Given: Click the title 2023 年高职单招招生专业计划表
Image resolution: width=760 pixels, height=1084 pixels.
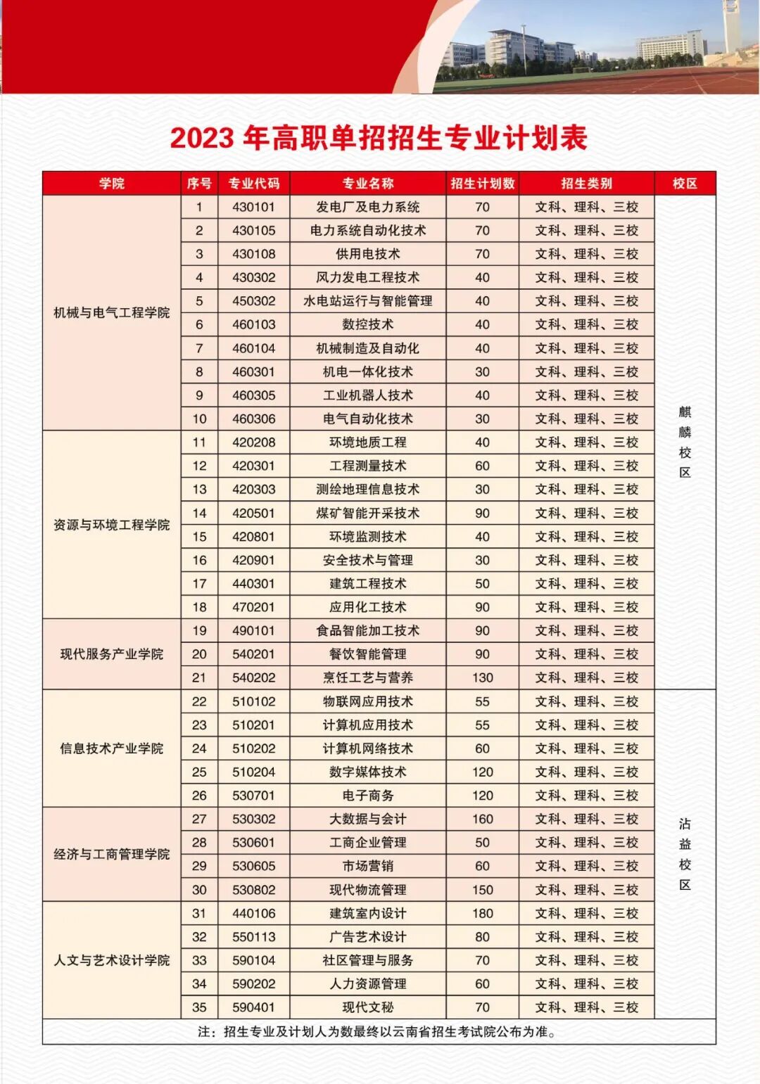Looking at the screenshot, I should pyautogui.click(x=379, y=138).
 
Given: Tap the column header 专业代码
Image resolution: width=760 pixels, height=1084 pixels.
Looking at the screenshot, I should pyautogui.click(x=253, y=184).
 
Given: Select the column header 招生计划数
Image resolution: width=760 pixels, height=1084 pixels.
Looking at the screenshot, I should pyautogui.click(x=483, y=184).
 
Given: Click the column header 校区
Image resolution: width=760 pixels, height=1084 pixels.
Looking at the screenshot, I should pyautogui.click(x=685, y=184).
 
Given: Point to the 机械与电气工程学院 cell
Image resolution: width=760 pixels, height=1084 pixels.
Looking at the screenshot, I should pyautogui.click(x=112, y=313).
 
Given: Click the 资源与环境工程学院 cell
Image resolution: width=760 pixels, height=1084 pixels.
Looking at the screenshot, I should pyautogui.click(x=112, y=525).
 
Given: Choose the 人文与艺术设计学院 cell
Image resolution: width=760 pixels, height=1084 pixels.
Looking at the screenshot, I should pyautogui.click(x=112, y=960).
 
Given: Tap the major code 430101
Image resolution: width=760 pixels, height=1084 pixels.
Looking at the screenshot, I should pyautogui.click(x=253, y=208).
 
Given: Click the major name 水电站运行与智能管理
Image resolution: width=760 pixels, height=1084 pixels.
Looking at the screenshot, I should pyautogui.click(x=368, y=301).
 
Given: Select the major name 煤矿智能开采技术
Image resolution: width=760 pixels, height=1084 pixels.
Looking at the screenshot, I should pyautogui.click(x=368, y=514).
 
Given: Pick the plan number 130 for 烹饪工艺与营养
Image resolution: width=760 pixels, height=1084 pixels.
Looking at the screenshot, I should pyautogui.click(x=483, y=678).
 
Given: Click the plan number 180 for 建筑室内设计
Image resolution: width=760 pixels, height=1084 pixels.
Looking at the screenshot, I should pyautogui.click(x=483, y=914).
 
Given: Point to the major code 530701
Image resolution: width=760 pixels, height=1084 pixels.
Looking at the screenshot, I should pyautogui.click(x=253, y=796).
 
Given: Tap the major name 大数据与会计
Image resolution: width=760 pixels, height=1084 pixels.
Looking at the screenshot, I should pyautogui.click(x=368, y=820).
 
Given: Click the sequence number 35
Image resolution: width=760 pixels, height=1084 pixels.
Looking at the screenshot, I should pyautogui.click(x=199, y=1007).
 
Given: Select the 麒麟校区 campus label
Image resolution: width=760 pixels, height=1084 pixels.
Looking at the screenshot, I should pyautogui.click(x=685, y=442).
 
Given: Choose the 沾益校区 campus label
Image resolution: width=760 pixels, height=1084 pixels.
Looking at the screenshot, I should pyautogui.click(x=685, y=854).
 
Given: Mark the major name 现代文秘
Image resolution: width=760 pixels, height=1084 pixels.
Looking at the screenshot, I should pyautogui.click(x=368, y=1007).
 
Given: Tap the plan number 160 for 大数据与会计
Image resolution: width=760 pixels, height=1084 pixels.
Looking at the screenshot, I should pyautogui.click(x=483, y=820).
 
